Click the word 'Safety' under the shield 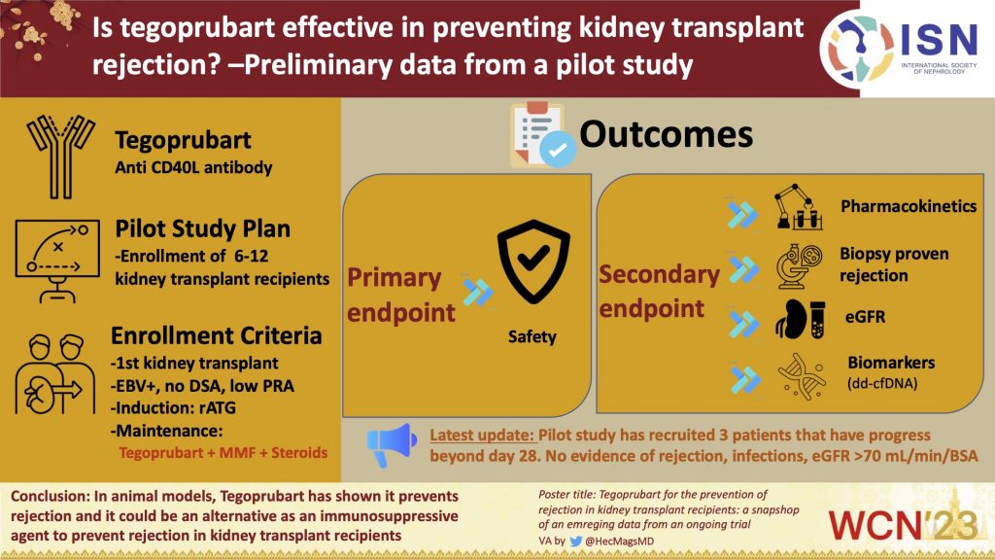pos(532,336)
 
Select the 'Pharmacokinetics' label pos(909,206)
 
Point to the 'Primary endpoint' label pos(401,294)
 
